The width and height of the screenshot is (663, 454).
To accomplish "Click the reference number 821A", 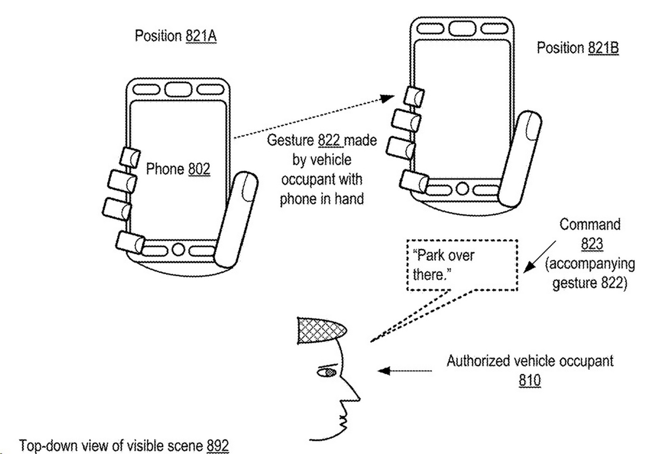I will tap(200, 37).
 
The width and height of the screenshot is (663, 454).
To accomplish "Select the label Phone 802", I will tap(178, 169).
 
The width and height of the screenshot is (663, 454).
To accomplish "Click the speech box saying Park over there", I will tap(462, 265).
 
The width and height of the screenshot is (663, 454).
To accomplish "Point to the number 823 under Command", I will tap(592, 244).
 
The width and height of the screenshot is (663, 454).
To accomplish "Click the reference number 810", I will tap(529, 380).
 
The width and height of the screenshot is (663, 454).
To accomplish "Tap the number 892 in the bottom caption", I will tap(218, 445).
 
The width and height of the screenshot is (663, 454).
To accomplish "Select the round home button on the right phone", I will tap(462, 188).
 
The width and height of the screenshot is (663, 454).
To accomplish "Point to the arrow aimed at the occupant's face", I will tap(404, 371).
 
